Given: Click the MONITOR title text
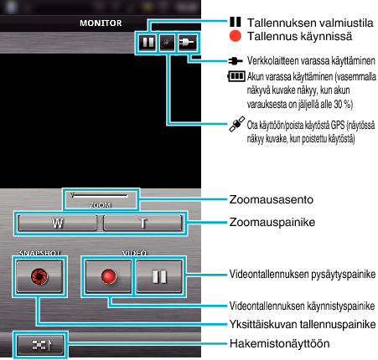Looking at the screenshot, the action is pyautogui.click(x=101, y=23).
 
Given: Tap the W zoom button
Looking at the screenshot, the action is pyautogui.click(x=57, y=223).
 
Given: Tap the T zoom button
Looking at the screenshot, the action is pyautogui.click(x=142, y=223).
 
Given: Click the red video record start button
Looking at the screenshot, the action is pyautogui.click(x=108, y=276).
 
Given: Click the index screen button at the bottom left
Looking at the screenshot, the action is pyautogui.click(x=40, y=345).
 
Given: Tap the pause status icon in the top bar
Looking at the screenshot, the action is pyautogui.click(x=148, y=43).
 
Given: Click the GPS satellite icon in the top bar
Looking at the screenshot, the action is pyautogui.click(x=167, y=43).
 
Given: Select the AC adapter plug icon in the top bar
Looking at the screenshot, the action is pyautogui.click(x=188, y=43).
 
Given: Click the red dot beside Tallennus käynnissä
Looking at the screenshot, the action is pyautogui.click(x=236, y=36).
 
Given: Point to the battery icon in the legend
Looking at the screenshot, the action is pyautogui.click(x=236, y=76).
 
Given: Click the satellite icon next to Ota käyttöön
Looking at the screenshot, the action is pyautogui.click(x=237, y=124).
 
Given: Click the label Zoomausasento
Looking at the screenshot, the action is pyautogui.click(x=272, y=199).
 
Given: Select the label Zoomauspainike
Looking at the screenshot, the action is pyautogui.click(x=272, y=222).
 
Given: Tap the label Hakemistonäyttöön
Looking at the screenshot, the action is pyautogui.click(x=279, y=343).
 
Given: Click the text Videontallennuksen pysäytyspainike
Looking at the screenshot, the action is pyautogui.click(x=303, y=274).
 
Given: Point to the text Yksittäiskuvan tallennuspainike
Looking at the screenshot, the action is pyautogui.click(x=303, y=324).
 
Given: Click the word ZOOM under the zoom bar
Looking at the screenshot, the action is pyautogui.click(x=100, y=205).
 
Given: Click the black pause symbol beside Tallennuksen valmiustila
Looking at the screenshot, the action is pyautogui.click(x=236, y=22).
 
